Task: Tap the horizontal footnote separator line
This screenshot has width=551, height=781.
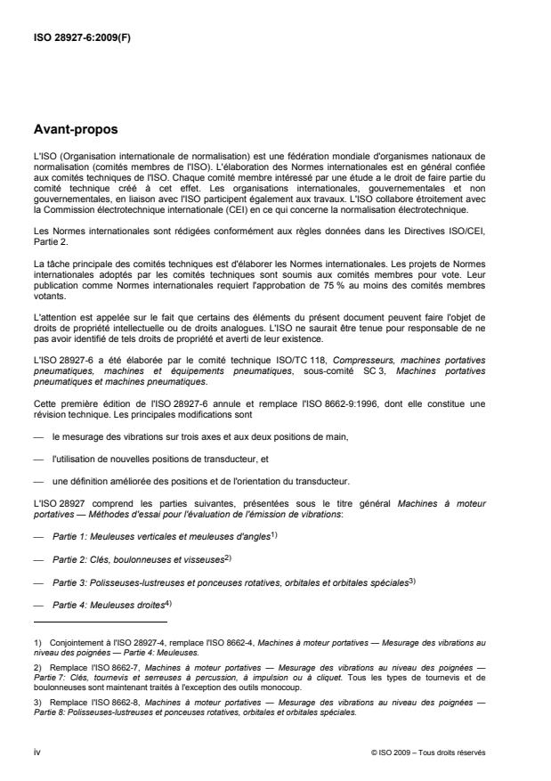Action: (x=100, y=622)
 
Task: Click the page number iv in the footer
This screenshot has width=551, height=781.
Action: (x=36, y=752)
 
